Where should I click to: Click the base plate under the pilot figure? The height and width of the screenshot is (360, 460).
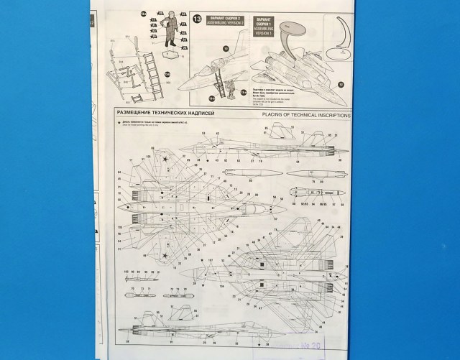click(x=169, y=53)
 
